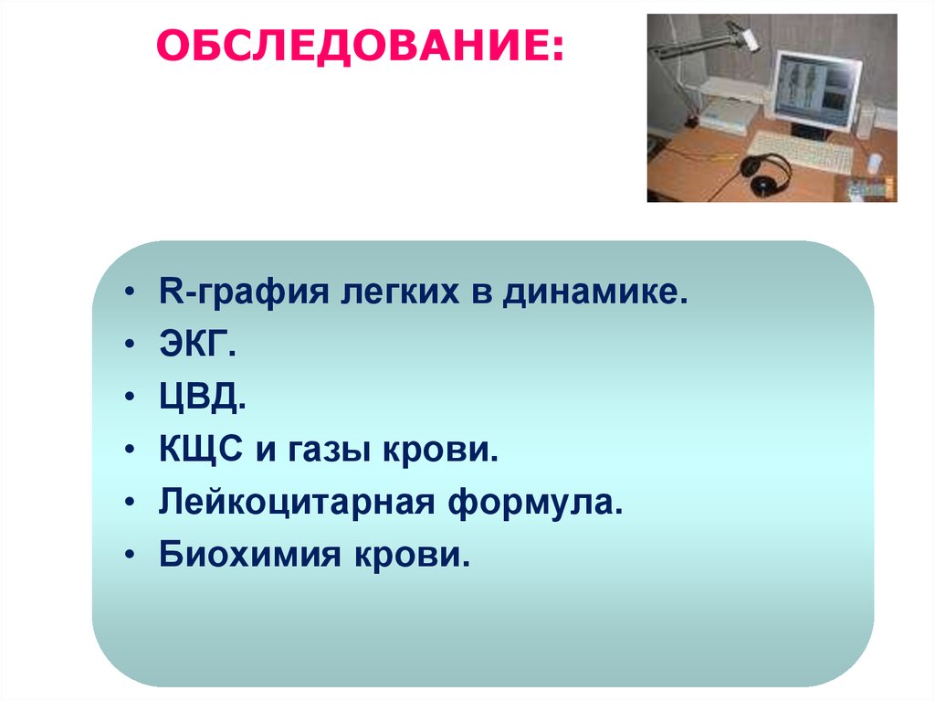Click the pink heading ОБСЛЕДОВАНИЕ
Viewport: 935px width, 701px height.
(360, 46)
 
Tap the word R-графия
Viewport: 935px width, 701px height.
(243, 292)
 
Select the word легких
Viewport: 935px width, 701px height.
(400, 292)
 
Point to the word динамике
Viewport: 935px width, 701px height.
(594, 292)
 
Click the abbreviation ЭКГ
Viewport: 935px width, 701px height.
(197, 344)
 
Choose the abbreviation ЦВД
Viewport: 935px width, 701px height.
(202, 397)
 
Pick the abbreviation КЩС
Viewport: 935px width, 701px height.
(200, 450)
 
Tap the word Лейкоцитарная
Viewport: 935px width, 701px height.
(297, 502)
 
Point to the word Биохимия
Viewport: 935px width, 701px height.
(250, 555)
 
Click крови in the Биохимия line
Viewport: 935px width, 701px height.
(412, 557)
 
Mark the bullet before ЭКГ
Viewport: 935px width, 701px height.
(130, 345)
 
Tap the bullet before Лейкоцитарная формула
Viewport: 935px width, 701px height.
(130, 503)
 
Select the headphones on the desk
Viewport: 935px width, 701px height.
(766, 173)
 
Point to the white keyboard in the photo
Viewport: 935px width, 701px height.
(800, 153)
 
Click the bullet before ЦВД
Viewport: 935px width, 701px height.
(130, 397)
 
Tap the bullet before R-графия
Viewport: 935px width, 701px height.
(130, 292)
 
